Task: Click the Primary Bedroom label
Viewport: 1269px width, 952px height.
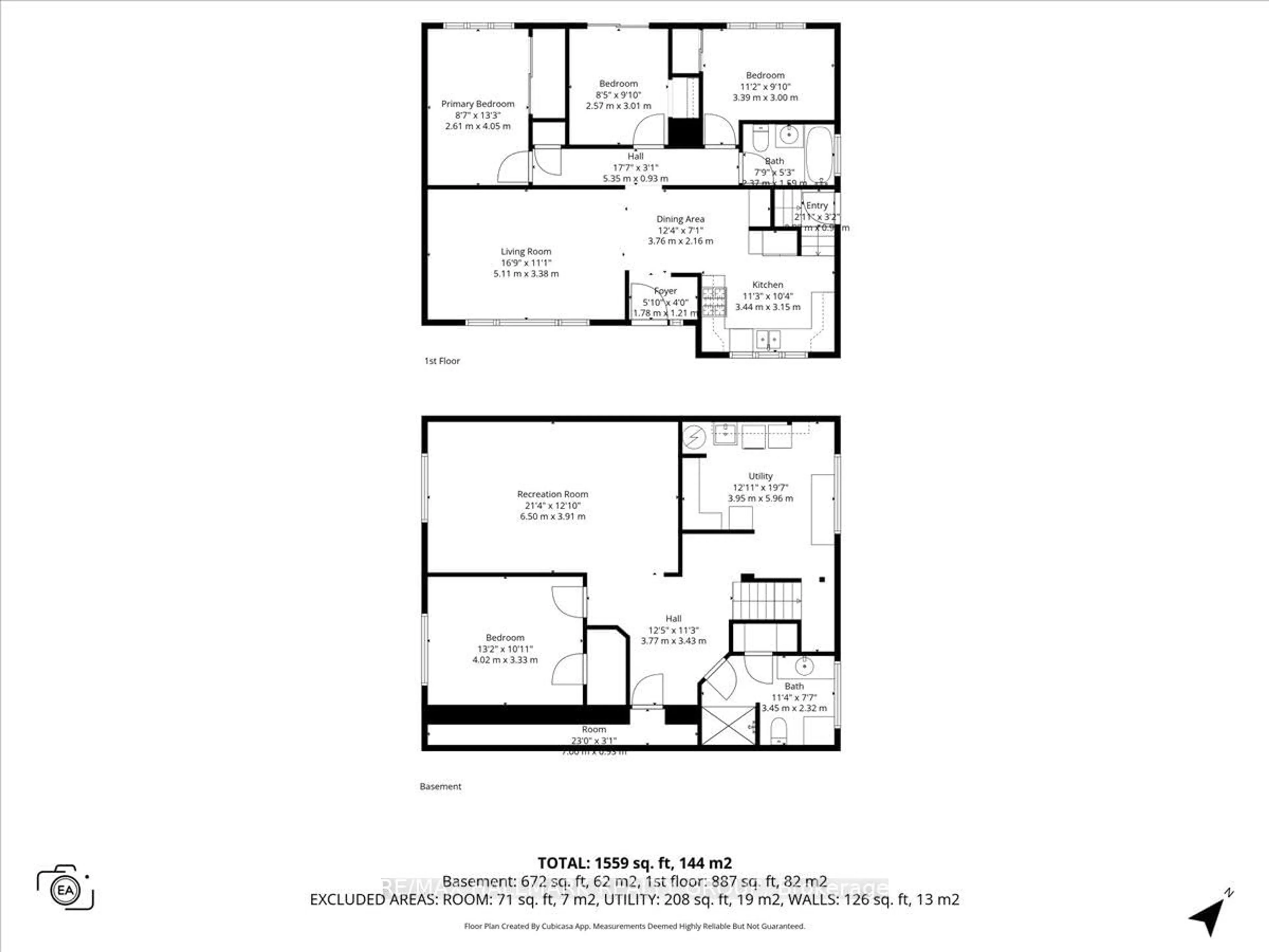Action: [x=477, y=104]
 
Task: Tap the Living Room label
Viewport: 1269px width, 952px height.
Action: [x=525, y=251]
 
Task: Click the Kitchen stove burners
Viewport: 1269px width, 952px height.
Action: [x=714, y=301]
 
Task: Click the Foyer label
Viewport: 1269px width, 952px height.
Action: [x=666, y=291]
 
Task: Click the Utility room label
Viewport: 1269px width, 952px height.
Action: [x=760, y=476]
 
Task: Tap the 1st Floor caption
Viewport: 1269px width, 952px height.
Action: [x=442, y=361]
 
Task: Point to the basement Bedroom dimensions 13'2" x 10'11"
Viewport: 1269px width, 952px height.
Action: [x=505, y=649]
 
